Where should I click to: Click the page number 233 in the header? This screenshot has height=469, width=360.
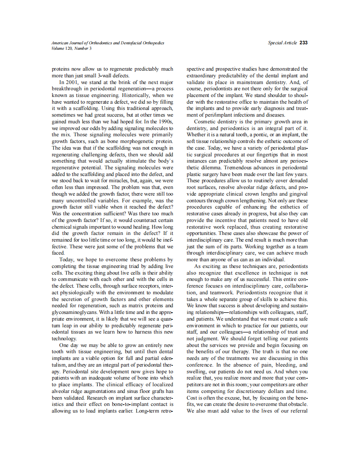click(304, 43)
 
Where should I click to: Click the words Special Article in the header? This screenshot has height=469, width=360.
click(282, 43)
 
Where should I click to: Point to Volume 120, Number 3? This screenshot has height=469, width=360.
click(71, 48)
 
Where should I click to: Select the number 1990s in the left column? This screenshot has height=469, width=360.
click(164, 121)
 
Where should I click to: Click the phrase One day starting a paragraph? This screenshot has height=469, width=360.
click(69, 345)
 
